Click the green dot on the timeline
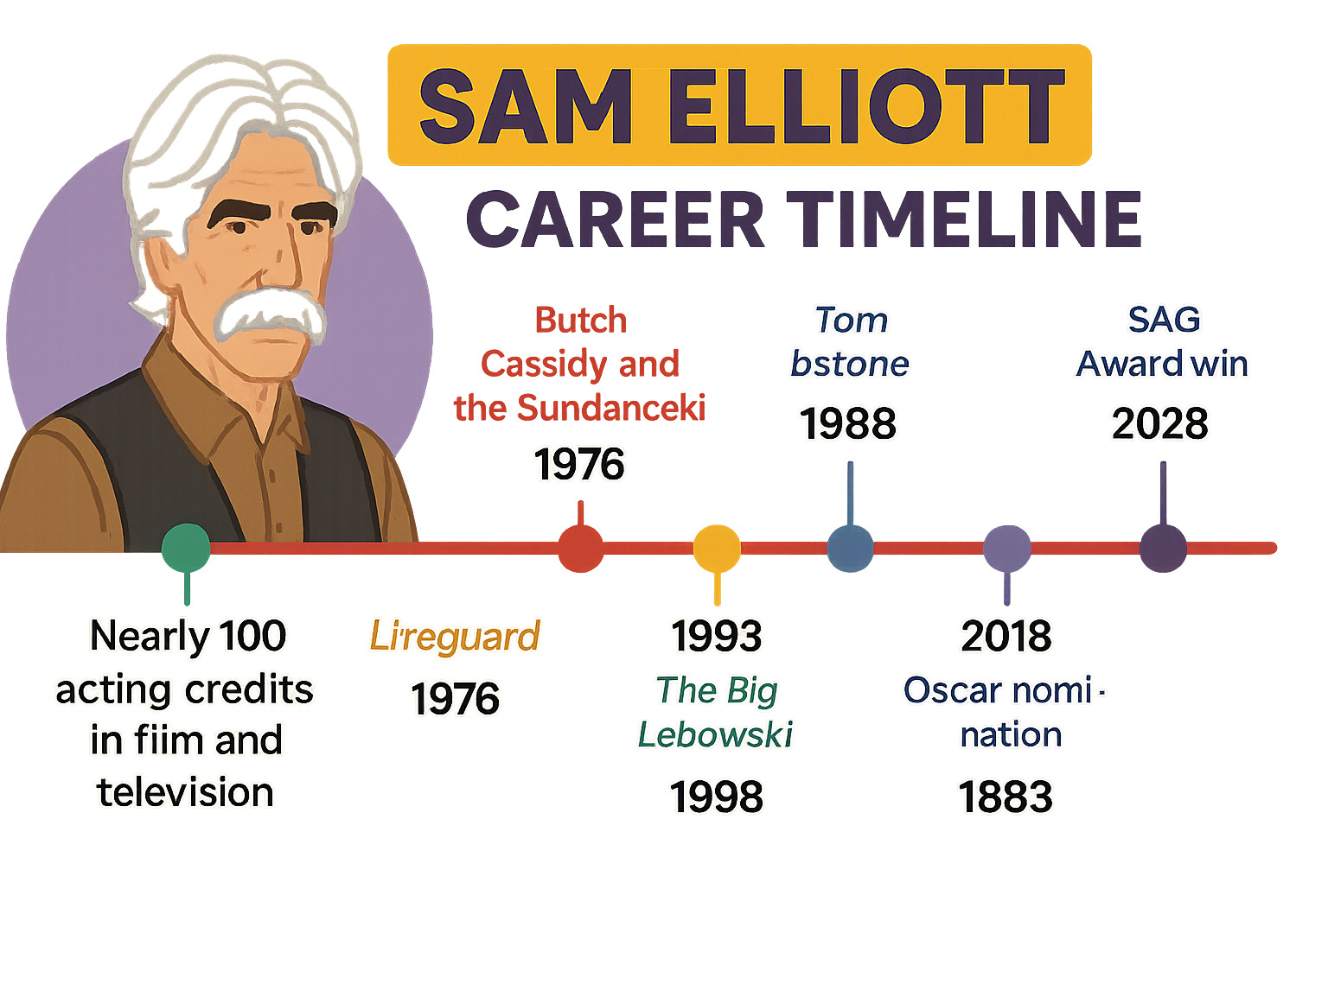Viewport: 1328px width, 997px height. point(186,547)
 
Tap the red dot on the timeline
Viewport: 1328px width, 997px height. point(580,548)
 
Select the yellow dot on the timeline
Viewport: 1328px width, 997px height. point(717,548)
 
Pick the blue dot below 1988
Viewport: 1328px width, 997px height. point(850,548)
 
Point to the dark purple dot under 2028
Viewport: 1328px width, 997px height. point(1163,548)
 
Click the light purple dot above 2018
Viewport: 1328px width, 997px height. point(1007,548)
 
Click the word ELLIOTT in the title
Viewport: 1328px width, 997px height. point(865,106)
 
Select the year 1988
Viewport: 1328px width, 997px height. point(848,424)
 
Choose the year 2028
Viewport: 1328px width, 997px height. point(1160,424)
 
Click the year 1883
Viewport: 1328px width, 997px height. point(1006,797)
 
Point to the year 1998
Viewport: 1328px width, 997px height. point(717,797)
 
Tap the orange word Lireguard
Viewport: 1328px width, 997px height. point(455,637)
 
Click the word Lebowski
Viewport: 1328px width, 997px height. point(715,735)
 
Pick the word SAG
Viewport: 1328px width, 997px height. point(1164,320)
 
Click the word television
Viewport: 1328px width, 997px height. point(186,792)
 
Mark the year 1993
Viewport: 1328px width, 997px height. point(717,637)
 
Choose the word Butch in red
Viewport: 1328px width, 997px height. point(580,321)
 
